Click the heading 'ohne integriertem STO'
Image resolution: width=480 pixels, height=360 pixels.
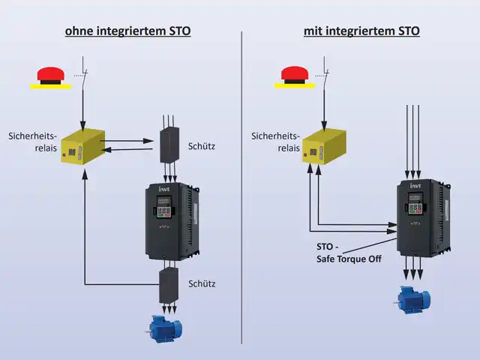pyautogui.click(x=127, y=31)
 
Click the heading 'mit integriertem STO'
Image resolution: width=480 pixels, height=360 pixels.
pyautogui.click(x=361, y=31)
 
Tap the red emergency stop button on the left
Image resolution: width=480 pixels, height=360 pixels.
pyautogui.click(x=51, y=76)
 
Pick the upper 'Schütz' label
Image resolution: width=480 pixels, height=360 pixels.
pyautogui.click(x=202, y=146)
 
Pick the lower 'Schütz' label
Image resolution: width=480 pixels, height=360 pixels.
pyautogui.click(x=202, y=283)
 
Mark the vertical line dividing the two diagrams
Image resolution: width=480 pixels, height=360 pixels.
pyautogui.click(x=241, y=187)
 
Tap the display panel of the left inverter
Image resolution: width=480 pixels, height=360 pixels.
pyautogui.click(x=166, y=208)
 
